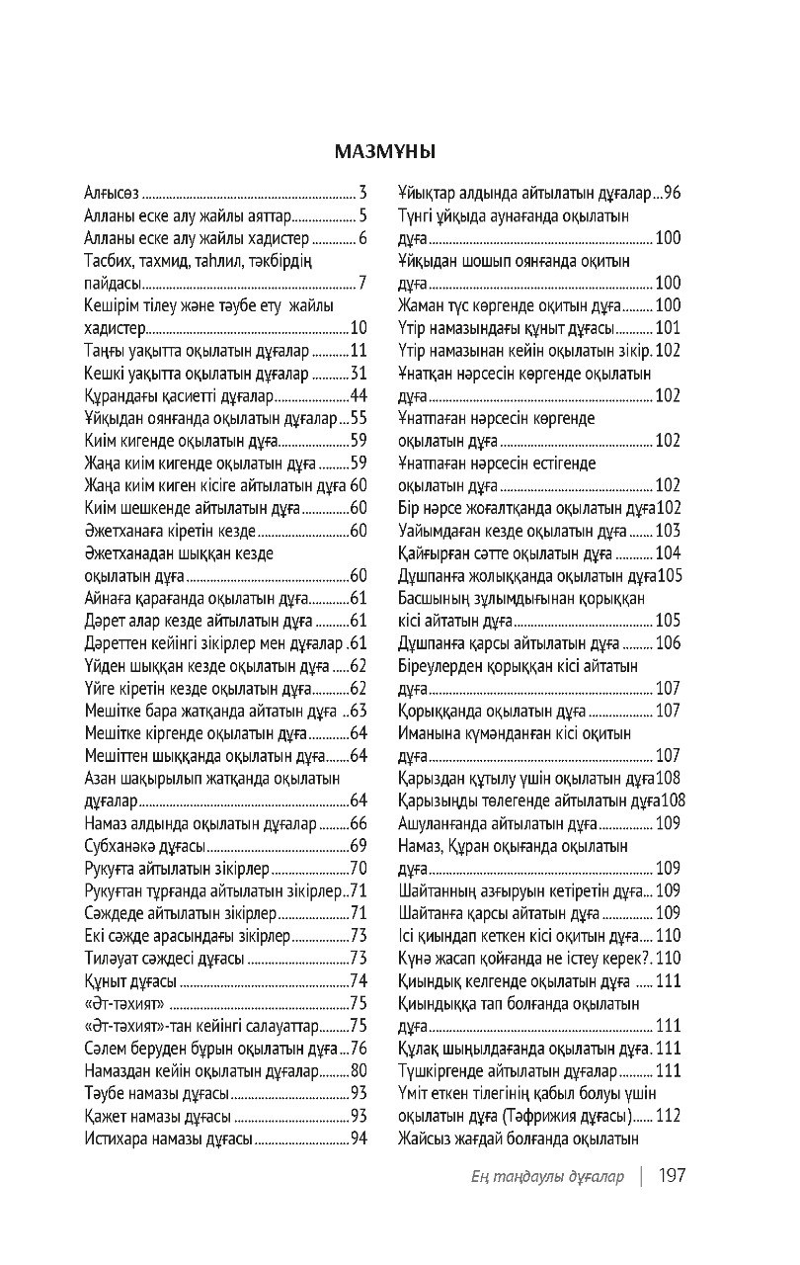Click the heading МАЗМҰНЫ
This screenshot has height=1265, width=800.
400,153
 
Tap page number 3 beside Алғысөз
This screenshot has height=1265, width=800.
362,193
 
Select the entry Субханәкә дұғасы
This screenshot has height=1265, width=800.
144,845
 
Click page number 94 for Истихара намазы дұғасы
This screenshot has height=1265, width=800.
358,1139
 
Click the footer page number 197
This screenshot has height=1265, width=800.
671,1176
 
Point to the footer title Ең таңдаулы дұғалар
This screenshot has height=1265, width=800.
548,1177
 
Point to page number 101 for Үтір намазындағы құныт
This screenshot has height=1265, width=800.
669,329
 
